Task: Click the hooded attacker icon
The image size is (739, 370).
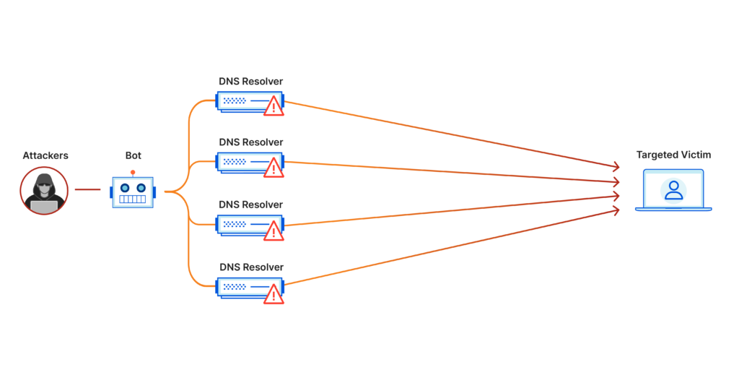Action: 44,191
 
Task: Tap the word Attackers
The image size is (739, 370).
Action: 45,155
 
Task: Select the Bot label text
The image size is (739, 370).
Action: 133,155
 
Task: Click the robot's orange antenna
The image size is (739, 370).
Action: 133,172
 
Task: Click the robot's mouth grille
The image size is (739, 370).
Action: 133,199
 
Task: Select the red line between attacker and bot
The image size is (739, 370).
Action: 87,190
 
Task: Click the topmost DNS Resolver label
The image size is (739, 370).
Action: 251,81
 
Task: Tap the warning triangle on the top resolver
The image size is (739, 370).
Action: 274,107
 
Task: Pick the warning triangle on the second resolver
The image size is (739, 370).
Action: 274,169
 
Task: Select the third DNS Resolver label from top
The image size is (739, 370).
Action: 251,205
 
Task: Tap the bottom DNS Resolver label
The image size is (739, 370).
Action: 251,267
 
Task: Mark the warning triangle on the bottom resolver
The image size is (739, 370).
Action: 274,294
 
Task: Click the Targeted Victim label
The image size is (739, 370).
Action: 673,155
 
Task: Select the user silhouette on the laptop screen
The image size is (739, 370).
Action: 673,189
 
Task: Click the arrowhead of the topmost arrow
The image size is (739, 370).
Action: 616,166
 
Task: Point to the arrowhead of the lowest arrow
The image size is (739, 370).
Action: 616,210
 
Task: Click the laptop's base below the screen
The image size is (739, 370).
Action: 673,209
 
